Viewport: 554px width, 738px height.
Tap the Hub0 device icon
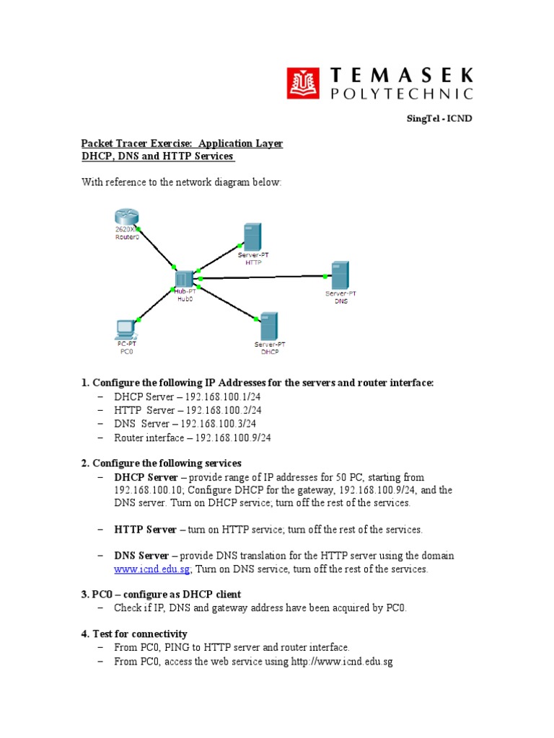click(184, 279)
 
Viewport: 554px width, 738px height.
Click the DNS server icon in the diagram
click(340, 275)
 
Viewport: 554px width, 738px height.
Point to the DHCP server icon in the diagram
click(268, 326)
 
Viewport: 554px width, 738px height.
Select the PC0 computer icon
click(126, 329)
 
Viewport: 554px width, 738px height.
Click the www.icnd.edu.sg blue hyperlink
click(151, 569)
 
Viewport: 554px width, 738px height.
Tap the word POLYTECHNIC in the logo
click(402, 93)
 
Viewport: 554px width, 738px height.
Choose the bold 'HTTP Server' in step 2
click(145, 530)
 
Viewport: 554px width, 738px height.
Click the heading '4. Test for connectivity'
click(135, 634)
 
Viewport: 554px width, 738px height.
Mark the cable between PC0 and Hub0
click(155, 305)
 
